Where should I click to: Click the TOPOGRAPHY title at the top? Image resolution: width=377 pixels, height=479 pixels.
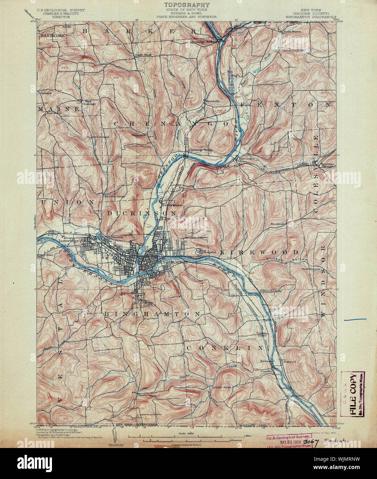tap(187, 5)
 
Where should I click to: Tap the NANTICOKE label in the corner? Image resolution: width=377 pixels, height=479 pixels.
tap(50, 35)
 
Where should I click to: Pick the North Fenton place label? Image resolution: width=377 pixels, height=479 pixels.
tap(292, 32)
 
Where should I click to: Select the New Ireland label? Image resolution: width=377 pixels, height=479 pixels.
tap(101, 137)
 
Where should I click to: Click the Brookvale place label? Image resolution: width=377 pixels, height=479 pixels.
tap(278, 224)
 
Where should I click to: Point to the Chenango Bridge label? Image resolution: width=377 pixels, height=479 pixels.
tap(201, 150)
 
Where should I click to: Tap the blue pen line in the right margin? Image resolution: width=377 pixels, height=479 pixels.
tap(355, 320)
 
